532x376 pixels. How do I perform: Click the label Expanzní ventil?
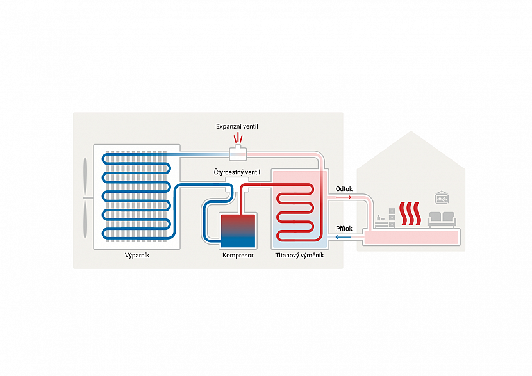click(237, 127)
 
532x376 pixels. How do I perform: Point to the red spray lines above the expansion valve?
click(238, 138)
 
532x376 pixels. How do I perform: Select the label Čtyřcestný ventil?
click(237, 172)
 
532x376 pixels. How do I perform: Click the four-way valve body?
click(233, 188)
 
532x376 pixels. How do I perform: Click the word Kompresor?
click(237, 255)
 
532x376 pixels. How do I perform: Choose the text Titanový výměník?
click(299, 255)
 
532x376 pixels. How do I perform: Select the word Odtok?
click(344, 189)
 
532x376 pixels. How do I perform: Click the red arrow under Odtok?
click(344, 197)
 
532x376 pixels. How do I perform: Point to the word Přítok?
click(344, 228)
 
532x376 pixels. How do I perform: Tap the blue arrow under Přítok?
click(344, 237)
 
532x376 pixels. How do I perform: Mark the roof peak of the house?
click(411, 133)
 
